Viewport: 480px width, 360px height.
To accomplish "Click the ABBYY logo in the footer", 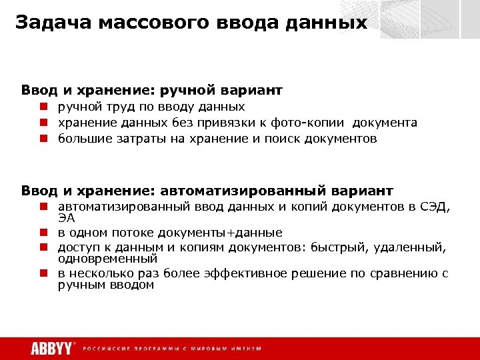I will pyautogui.click(x=51, y=349).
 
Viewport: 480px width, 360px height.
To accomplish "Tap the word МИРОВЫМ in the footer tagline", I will pyautogui.click(x=213, y=349).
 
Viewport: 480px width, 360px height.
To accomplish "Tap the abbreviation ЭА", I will pyautogui.click(x=66, y=217).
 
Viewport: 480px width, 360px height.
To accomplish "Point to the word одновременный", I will pyautogui.click(x=107, y=258).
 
